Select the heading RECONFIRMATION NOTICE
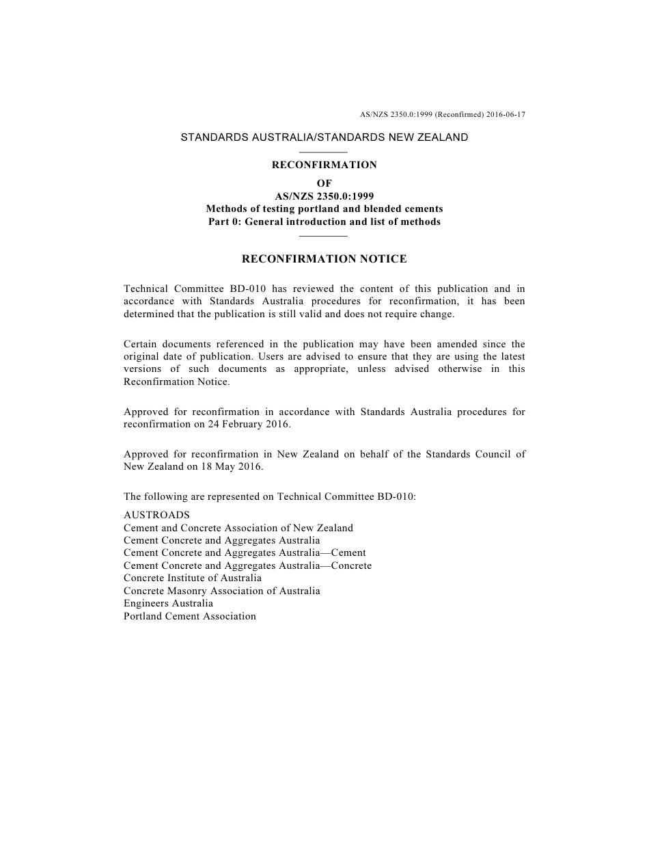tap(324, 259)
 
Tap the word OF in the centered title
tap(324, 183)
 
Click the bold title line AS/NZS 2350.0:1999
tap(324, 196)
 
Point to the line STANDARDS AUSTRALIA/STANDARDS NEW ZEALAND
tap(324, 137)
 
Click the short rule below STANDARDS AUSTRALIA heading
tap(324, 152)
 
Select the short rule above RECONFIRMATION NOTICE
tap(324, 236)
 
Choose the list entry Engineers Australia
tap(168, 603)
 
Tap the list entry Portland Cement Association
tap(190, 616)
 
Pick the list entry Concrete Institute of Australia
tap(193, 578)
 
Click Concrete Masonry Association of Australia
tap(222, 591)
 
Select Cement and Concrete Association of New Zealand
tap(238, 528)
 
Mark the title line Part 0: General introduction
tap(324, 222)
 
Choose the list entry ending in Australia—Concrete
tap(248, 565)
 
